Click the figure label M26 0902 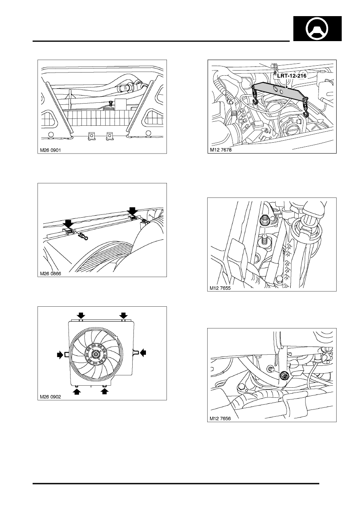52,396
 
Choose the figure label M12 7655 222,288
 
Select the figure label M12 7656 222,418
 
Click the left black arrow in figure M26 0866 68,222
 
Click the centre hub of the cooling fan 96,355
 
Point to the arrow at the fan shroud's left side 60,355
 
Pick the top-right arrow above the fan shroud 123,315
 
